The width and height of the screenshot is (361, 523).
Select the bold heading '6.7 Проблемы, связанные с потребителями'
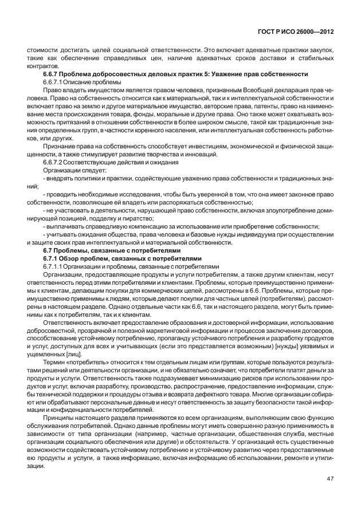(112, 250)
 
